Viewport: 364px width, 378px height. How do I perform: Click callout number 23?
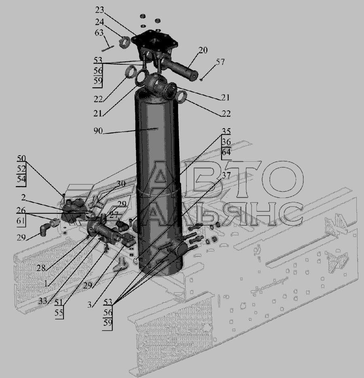point(99,10)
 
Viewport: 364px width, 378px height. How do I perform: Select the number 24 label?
point(99,22)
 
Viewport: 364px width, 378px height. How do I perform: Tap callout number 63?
point(99,33)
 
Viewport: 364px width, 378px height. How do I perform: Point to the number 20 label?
point(203,50)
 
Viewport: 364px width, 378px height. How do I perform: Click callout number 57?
point(220,62)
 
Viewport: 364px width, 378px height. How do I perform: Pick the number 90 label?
point(98,131)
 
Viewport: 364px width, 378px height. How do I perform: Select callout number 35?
point(226,131)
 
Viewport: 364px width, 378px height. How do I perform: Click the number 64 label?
point(226,152)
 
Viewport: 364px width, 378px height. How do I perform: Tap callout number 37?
point(226,175)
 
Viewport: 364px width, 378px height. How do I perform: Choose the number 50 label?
point(21,158)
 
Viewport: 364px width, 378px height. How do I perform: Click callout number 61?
point(21,221)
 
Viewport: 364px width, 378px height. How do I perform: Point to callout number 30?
point(121,184)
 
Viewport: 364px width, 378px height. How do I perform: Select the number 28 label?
point(41,268)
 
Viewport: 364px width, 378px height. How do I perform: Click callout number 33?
point(42,301)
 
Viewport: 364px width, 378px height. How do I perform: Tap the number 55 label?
point(59,313)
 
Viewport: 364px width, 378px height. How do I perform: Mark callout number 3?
point(89,305)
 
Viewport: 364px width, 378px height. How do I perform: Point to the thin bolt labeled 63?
point(108,48)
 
